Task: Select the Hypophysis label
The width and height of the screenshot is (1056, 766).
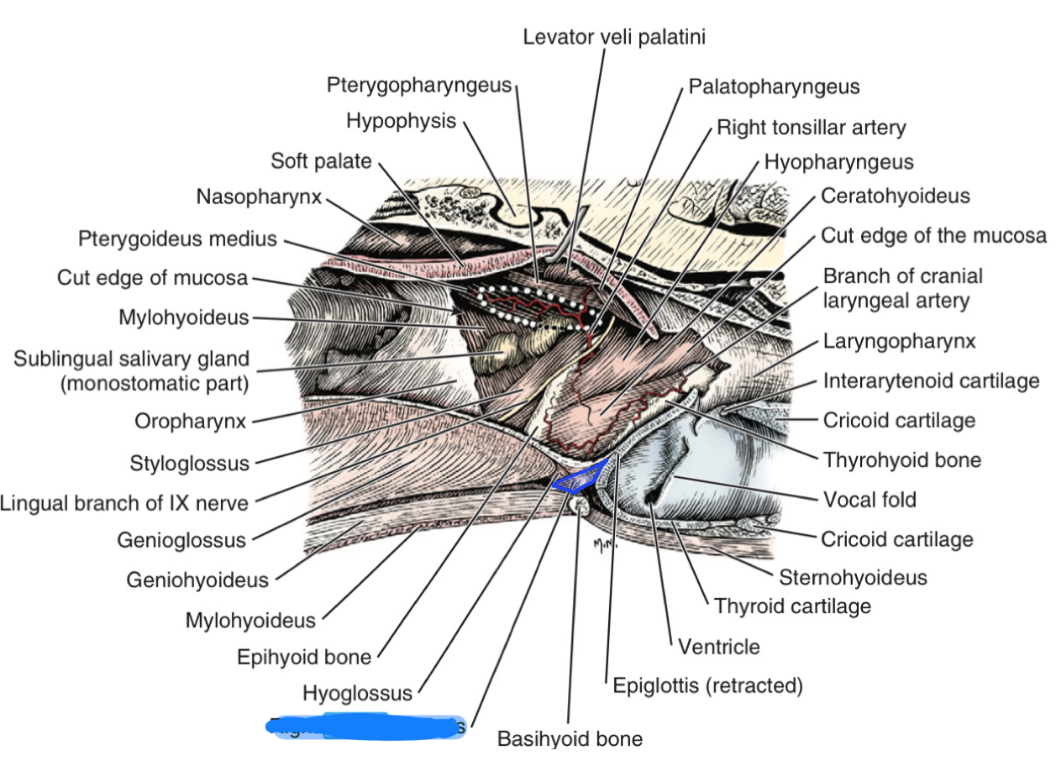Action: tap(401, 121)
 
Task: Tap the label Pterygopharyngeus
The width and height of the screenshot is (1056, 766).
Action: tap(419, 85)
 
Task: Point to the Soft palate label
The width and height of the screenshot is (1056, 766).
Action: tap(321, 160)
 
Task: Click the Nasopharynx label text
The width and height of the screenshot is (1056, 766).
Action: tap(259, 197)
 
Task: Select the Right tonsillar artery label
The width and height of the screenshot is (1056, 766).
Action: tap(811, 128)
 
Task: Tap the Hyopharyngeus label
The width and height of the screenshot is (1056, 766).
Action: tap(838, 161)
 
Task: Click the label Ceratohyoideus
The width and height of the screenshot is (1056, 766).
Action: tap(895, 196)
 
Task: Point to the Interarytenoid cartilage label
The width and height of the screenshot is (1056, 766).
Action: tap(931, 381)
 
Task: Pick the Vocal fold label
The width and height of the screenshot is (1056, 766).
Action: tap(869, 500)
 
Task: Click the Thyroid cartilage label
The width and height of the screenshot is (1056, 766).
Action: tap(792, 605)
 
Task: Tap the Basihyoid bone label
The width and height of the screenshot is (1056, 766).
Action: tap(570, 739)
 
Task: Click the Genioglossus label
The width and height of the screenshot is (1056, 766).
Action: tap(181, 539)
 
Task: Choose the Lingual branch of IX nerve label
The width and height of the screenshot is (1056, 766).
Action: tap(124, 503)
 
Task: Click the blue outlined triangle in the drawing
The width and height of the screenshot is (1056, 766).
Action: tap(583, 477)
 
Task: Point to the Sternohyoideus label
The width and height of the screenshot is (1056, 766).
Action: tap(853, 577)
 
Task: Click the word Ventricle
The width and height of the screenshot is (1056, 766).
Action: tap(718, 647)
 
